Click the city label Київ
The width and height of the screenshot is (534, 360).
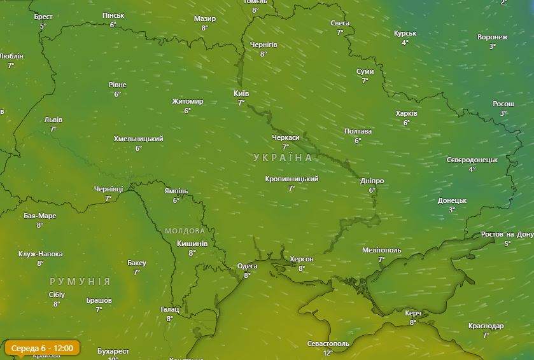pyautogui.click(x=241, y=93)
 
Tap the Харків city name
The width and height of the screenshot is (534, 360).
pyautogui.click(x=406, y=114)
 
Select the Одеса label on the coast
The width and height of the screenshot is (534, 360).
pyautogui.click(x=247, y=266)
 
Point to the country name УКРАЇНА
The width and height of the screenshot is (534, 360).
pyautogui.click(x=283, y=157)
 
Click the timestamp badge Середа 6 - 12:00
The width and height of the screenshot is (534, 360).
pyautogui.click(x=43, y=348)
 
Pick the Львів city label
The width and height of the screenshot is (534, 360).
pyautogui.click(x=53, y=120)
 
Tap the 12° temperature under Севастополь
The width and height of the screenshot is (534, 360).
pyautogui.click(x=328, y=352)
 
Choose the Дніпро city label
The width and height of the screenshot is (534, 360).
pyautogui.click(x=372, y=181)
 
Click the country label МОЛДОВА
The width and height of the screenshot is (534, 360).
pyautogui.click(x=185, y=231)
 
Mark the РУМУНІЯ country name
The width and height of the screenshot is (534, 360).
pyautogui.click(x=80, y=281)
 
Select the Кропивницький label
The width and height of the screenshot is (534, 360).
pyautogui.click(x=292, y=179)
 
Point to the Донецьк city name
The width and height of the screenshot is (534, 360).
pyautogui.click(x=452, y=200)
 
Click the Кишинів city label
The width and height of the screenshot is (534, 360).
pyautogui.click(x=192, y=244)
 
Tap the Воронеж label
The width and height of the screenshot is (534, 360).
pyautogui.click(x=493, y=37)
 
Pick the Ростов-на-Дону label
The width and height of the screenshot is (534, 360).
pyautogui.click(x=507, y=234)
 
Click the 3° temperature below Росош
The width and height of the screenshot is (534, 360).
pyautogui.click(x=503, y=113)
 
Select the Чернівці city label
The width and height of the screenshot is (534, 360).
pyautogui.click(x=108, y=189)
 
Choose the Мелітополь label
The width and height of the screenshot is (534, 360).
pyautogui.click(x=381, y=250)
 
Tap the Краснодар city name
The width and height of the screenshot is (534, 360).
pyautogui.click(x=486, y=326)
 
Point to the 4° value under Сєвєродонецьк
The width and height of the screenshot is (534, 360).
pyautogui.click(x=472, y=169)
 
